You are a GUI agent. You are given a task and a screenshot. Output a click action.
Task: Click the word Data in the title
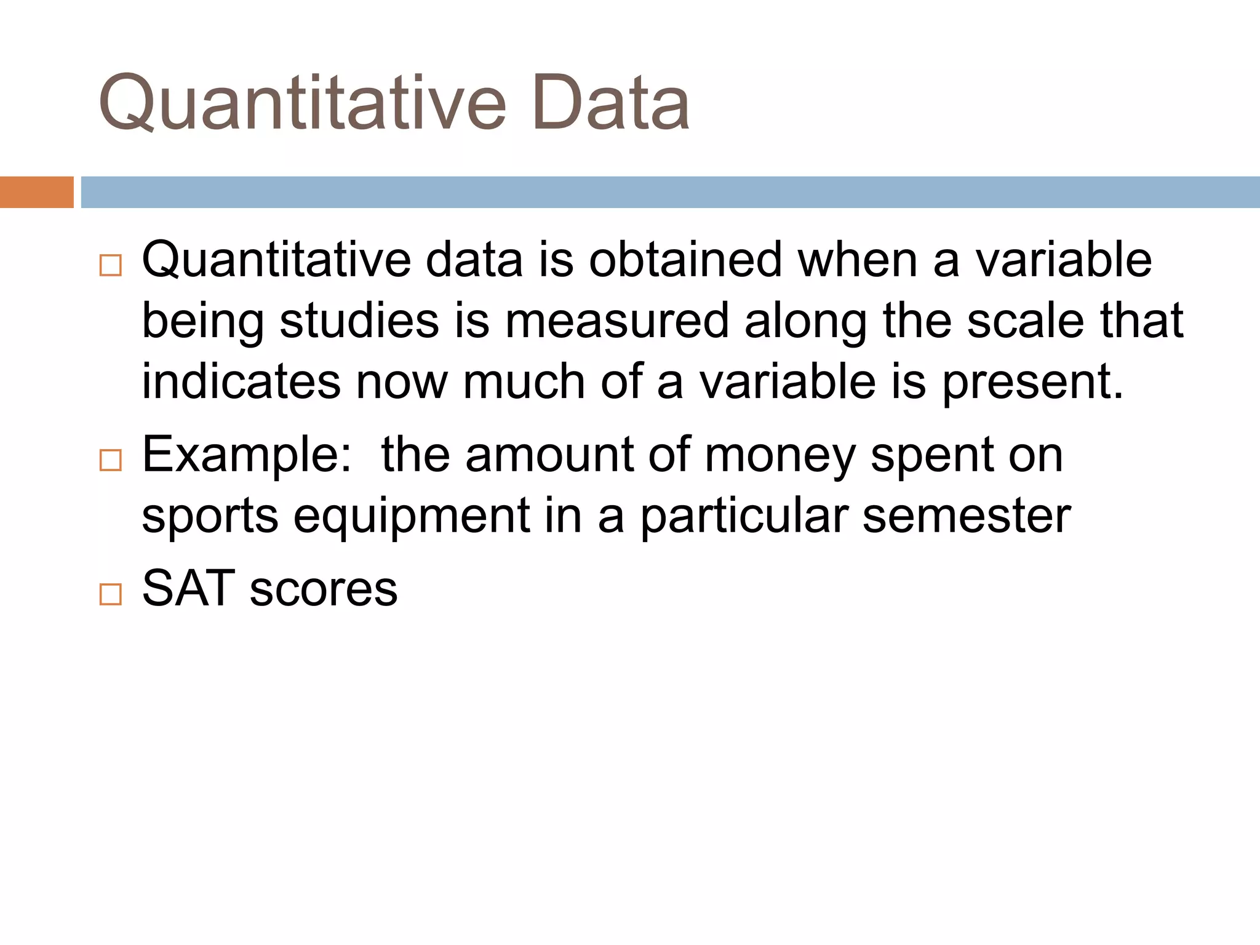[x=610, y=103]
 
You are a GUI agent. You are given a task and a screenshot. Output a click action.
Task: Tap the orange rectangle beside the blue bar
[x=36, y=192]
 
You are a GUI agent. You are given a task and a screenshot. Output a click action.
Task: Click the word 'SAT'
[x=188, y=588]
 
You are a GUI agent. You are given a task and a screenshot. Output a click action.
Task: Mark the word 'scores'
[x=324, y=589]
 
